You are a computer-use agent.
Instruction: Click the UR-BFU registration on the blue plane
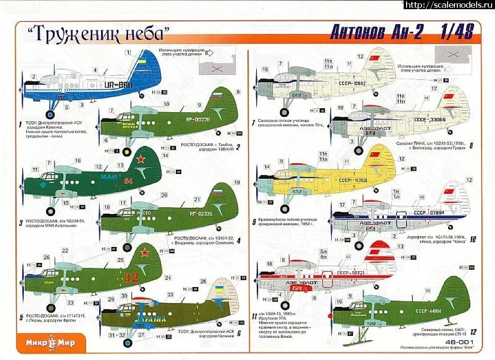117,84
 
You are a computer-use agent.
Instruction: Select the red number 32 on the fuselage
131,277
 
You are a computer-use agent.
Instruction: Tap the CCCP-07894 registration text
431,213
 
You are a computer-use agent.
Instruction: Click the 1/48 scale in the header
456,31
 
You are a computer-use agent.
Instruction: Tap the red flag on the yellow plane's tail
375,155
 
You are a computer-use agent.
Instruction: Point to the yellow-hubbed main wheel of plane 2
127,152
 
